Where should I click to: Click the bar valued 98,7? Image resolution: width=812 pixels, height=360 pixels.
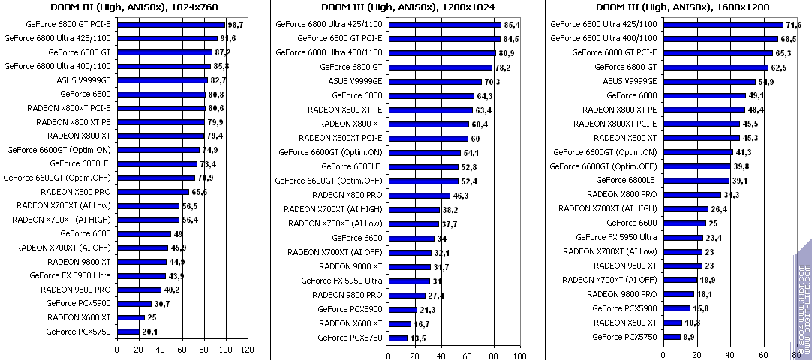pyautogui.click(x=170, y=25)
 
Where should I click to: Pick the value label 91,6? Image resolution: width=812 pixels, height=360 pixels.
pyautogui.click(x=227, y=38)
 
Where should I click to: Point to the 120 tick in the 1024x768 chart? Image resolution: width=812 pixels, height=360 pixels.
pyautogui.click(x=247, y=349)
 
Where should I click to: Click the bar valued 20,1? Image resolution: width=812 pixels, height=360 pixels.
pyautogui.click(x=128, y=331)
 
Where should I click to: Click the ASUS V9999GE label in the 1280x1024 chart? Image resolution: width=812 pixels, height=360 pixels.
pyautogui.click(x=355, y=81)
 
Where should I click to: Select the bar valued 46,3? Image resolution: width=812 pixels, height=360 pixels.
pyautogui.click(x=420, y=196)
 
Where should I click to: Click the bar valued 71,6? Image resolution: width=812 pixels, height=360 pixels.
pyautogui.click(x=723, y=25)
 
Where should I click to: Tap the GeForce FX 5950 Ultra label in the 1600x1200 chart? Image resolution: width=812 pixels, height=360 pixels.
pyautogui.click(x=616, y=237)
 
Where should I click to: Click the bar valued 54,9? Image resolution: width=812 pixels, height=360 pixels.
pyautogui.click(x=709, y=81)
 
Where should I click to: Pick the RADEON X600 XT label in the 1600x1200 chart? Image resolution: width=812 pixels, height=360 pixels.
pyautogui.click(x=625, y=322)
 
